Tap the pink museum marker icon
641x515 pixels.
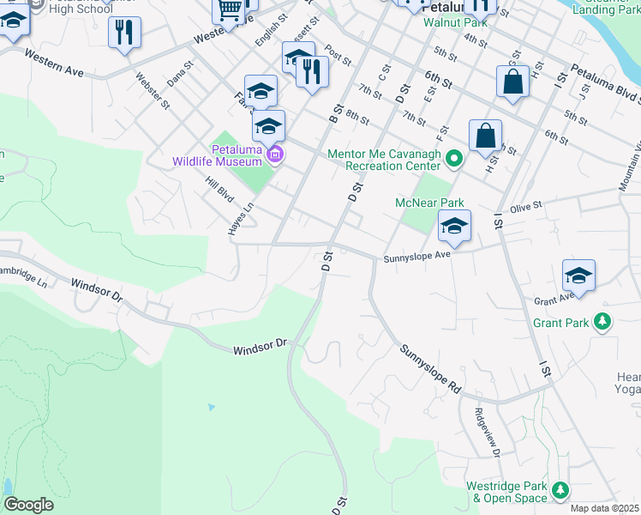tap(274, 155)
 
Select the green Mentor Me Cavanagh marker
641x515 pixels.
tap(456, 155)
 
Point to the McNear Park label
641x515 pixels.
tap(428, 203)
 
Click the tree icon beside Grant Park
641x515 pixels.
tap(603, 323)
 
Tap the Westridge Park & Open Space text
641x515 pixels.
tap(506, 491)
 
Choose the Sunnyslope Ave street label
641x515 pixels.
tap(416, 256)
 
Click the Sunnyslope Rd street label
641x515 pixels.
tap(429, 370)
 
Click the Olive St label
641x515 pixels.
tap(526, 207)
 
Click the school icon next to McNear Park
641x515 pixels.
tap(455, 227)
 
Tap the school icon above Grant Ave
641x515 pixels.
tap(578, 276)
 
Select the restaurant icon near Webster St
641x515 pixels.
tap(125, 33)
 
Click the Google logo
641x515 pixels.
tap(28, 505)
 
